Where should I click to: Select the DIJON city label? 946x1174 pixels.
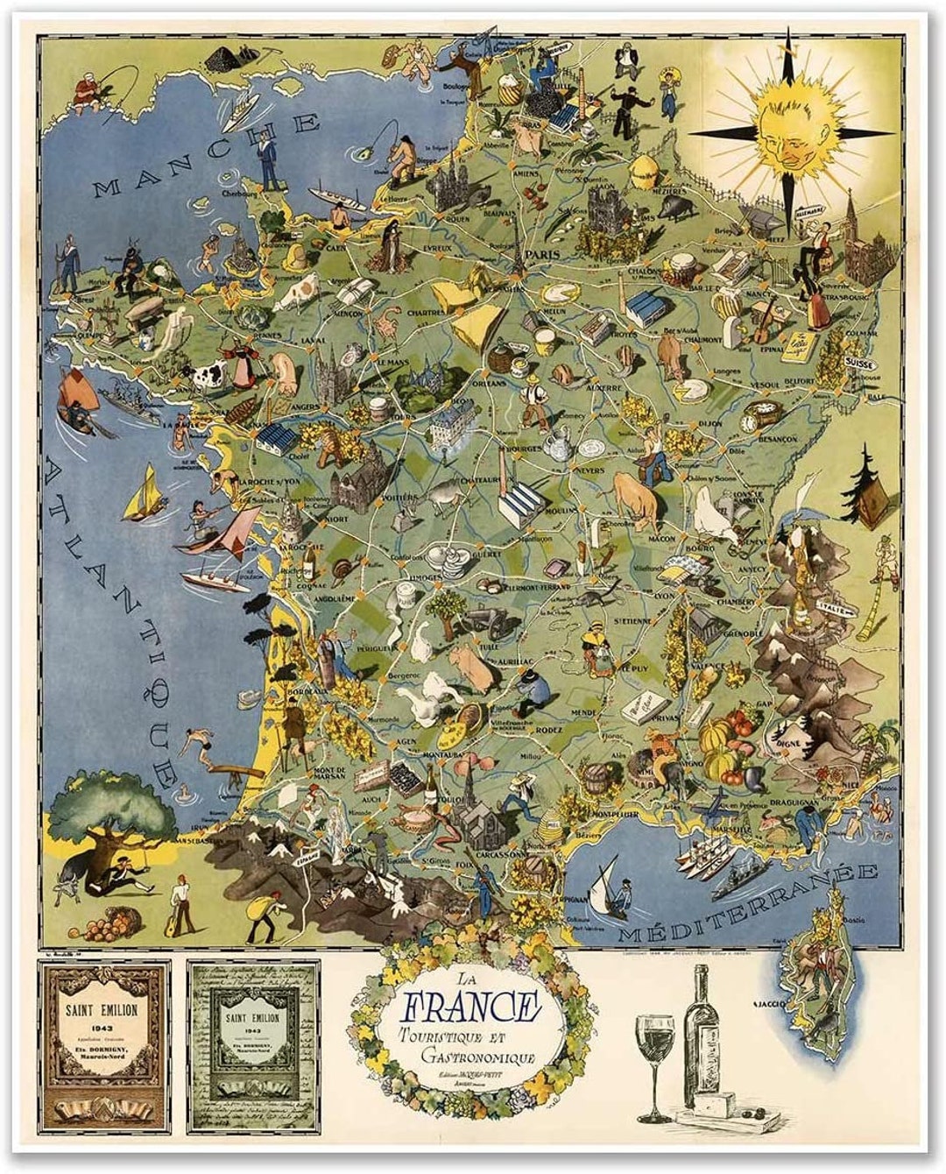tap(710, 424)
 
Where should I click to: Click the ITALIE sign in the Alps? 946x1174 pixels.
tap(834, 606)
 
